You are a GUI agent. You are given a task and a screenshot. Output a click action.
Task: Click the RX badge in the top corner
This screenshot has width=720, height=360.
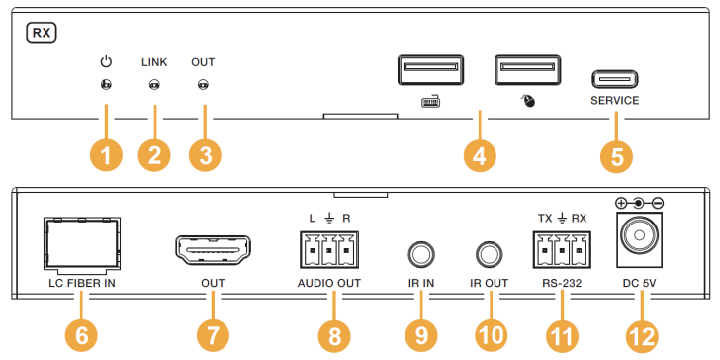[x=41, y=34]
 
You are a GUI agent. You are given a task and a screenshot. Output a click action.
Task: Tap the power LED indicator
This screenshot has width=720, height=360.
[x=106, y=85]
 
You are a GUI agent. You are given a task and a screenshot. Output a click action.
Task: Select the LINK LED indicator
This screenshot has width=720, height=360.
[x=154, y=85]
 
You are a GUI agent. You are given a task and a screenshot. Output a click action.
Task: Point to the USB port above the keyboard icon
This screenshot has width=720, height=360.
[x=431, y=70]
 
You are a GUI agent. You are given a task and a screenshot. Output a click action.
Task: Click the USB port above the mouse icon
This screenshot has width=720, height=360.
[x=528, y=70]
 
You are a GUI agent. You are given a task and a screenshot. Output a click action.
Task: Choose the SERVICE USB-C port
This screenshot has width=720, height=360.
[x=615, y=79]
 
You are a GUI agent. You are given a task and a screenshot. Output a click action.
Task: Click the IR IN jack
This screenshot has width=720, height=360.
[x=421, y=253]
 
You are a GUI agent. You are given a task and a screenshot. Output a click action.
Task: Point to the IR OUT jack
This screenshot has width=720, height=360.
[x=489, y=253]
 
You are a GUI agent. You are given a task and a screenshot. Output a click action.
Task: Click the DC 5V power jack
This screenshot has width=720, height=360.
[x=639, y=238]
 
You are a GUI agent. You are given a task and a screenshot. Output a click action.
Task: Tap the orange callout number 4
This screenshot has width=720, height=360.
[x=479, y=156]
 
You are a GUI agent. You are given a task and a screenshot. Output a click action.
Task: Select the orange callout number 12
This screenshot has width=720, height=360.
[x=642, y=336]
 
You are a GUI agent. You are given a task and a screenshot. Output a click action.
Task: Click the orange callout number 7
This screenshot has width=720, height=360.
[x=213, y=336]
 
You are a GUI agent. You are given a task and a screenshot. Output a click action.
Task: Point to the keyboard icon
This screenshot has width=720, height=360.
[x=430, y=101]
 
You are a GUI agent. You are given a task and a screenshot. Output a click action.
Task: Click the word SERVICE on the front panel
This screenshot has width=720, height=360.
[x=615, y=100]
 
